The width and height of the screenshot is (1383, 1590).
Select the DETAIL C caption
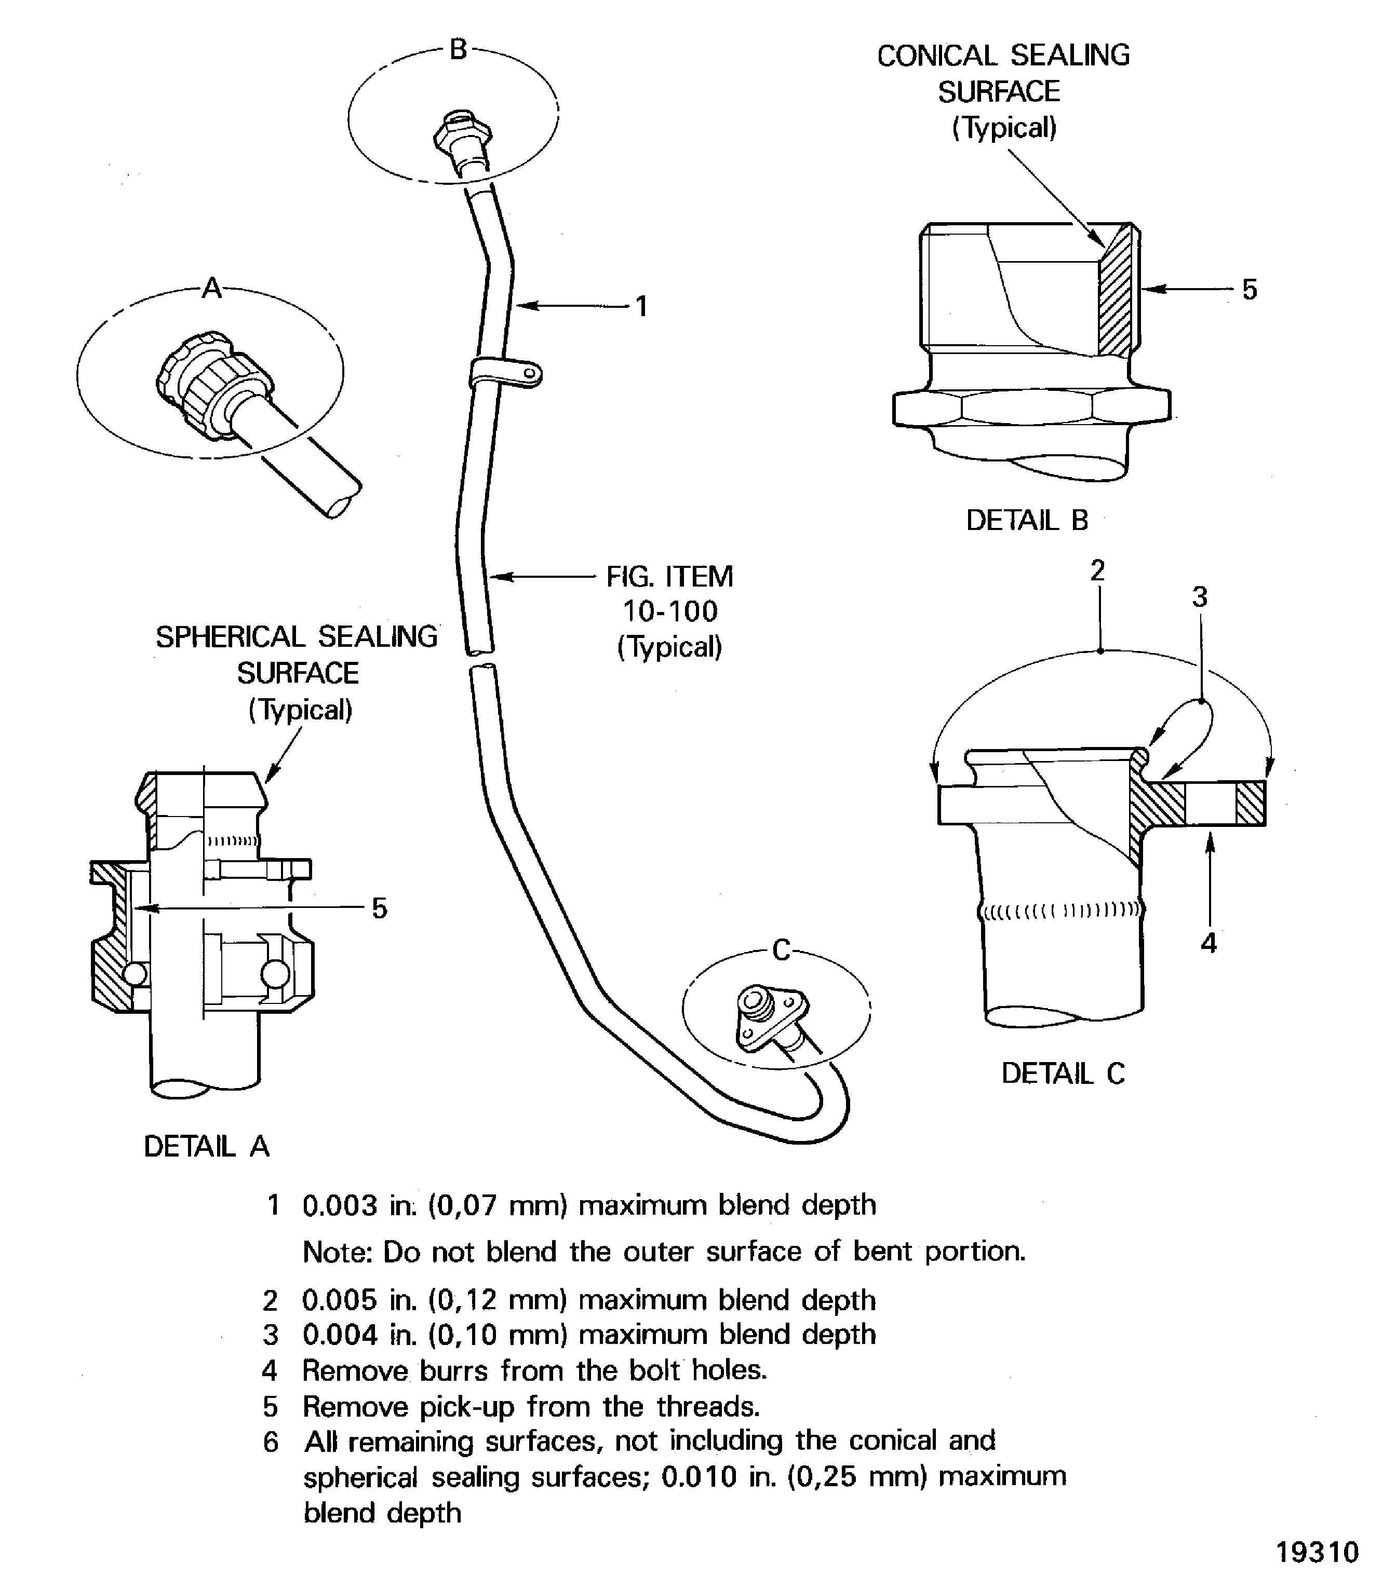tap(1063, 1074)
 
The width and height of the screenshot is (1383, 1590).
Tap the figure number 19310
tap(1317, 1552)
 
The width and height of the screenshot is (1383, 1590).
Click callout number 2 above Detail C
tap(1097, 571)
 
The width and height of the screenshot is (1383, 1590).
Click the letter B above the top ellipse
tap(459, 50)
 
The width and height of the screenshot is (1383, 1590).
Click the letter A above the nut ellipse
tap(211, 289)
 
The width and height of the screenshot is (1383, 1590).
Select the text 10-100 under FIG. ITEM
tap(670, 612)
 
